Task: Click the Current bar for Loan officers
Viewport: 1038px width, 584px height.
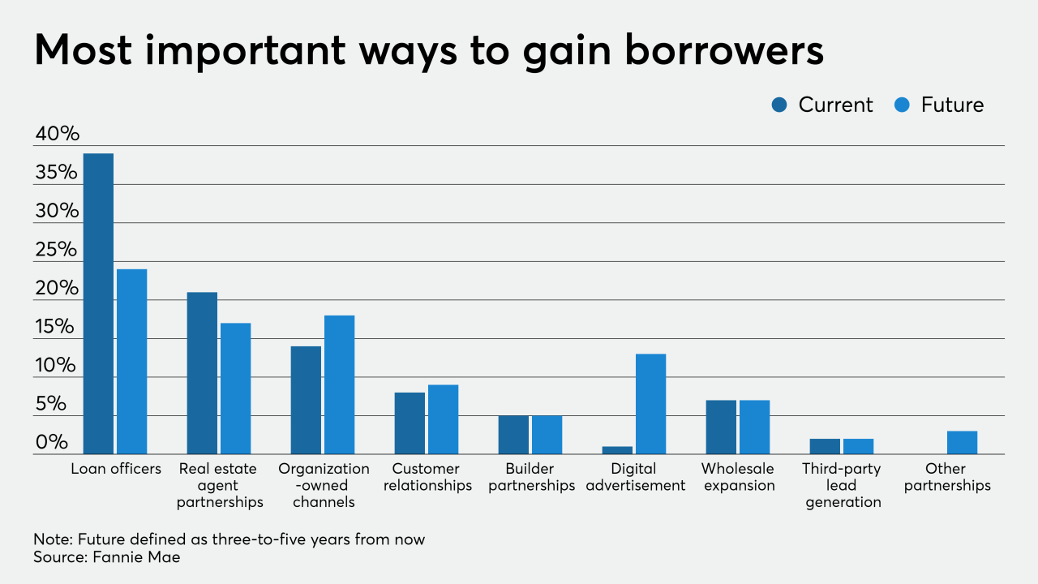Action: point(98,303)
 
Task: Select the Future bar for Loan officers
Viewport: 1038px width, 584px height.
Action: point(131,362)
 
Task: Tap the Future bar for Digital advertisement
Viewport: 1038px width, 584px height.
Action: point(650,404)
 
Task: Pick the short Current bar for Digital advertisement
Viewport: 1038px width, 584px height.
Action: point(617,450)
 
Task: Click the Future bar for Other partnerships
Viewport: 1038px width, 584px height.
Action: point(962,442)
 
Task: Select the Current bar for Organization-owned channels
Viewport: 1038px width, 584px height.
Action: point(306,400)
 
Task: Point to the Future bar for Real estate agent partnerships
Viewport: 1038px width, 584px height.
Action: point(235,389)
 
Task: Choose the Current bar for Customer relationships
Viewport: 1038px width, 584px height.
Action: point(410,423)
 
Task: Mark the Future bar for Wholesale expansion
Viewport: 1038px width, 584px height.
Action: point(754,427)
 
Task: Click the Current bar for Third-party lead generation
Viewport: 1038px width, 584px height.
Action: point(825,446)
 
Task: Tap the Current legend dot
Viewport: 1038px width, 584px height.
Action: point(780,105)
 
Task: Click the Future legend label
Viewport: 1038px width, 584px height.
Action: point(952,105)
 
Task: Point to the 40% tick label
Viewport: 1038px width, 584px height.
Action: point(58,134)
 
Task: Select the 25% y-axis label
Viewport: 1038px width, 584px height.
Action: point(58,250)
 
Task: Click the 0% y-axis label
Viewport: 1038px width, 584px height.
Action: point(52,443)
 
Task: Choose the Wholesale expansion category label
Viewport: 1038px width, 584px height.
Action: point(738,477)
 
